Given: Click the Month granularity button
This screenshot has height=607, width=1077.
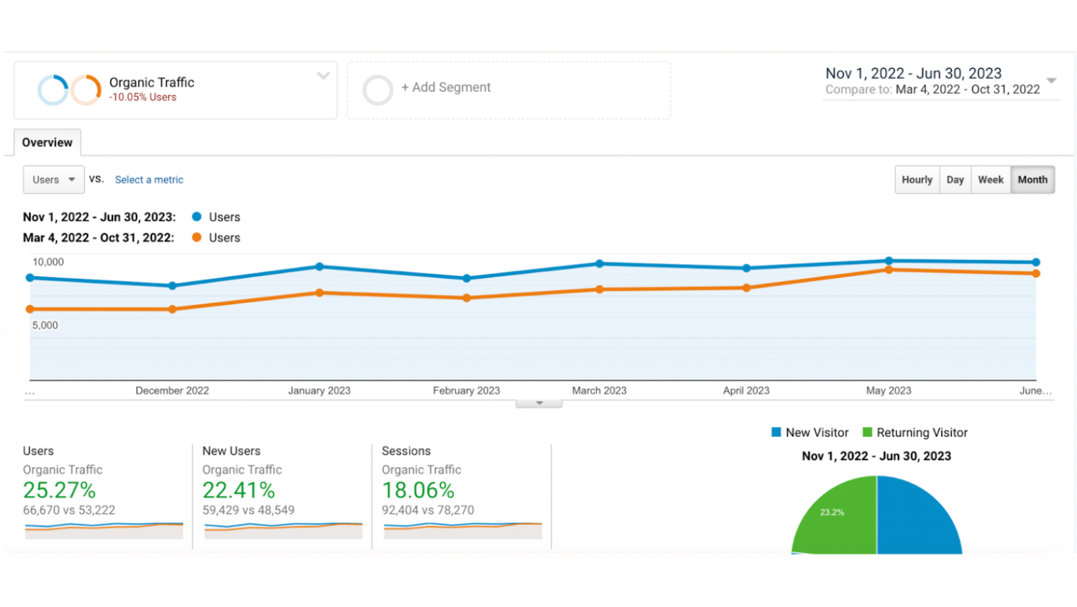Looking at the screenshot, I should point(1032,179).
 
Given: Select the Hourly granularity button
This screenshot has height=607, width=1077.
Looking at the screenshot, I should point(917,179).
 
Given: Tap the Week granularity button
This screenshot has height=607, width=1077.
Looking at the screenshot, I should point(990,179).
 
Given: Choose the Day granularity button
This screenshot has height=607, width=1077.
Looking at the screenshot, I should point(955,179).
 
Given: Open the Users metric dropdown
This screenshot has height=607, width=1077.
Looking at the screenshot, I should point(54,179).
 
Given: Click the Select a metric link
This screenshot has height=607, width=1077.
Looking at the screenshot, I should point(149,179).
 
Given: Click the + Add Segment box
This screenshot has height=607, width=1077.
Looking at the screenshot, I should point(508,89).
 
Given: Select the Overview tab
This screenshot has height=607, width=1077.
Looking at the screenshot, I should point(47,143).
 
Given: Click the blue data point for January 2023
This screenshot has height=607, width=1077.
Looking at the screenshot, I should point(319,267).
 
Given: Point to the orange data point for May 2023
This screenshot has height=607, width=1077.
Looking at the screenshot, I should point(889,270).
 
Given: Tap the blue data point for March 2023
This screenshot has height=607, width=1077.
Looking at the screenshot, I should point(600,263).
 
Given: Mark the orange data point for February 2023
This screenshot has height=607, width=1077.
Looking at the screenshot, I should point(466,298).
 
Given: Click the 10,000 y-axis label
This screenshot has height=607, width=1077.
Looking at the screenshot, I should point(49,261).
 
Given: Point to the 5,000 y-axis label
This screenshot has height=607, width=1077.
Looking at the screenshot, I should point(45,325).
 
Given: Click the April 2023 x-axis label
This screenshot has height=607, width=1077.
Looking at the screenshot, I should point(746,390).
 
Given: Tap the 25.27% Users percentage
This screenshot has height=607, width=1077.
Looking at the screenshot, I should point(59,490).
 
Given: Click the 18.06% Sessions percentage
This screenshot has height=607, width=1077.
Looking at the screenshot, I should point(418,490).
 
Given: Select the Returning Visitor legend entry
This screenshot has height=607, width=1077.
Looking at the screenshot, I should point(915,432).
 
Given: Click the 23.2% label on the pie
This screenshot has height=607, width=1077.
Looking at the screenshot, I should point(832,512).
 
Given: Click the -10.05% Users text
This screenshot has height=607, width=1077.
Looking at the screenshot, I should point(143,97).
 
